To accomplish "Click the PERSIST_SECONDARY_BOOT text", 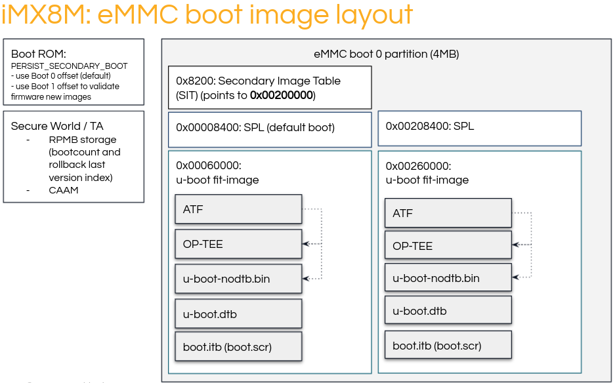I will tap(70, 66).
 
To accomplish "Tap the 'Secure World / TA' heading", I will tap(57, 126).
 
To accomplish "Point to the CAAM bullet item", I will tap(63, 190).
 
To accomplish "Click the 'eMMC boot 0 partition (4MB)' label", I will tap(387, 54).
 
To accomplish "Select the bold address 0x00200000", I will tap(282, 95).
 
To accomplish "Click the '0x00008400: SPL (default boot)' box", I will tap(270, 128).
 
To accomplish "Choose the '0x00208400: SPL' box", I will tap(479, 127).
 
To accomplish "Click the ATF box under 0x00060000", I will tap(238, 210).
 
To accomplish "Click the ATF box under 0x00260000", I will tap(448, 213).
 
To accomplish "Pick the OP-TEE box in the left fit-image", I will tap(238, 244).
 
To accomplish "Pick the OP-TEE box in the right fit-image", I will tap(448, 246).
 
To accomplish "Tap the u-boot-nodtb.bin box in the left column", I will tap(238, 279).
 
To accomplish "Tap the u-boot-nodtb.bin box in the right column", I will tap(448, 278).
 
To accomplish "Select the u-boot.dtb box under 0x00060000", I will tap(238, 313).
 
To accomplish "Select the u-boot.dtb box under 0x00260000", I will tap(448, 311).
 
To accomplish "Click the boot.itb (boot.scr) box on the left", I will tap(238, 346).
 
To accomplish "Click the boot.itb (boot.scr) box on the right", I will tap(448, 345).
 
